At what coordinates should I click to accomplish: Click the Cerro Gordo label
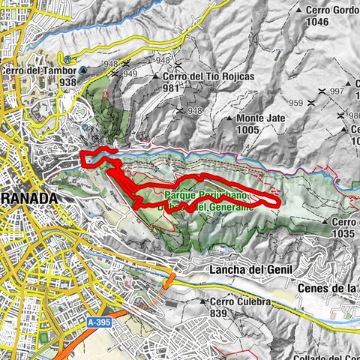[x=327, y=10]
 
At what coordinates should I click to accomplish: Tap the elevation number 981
[x=173, y=88]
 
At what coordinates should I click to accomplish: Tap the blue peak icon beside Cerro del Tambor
[x=82, y=70]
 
